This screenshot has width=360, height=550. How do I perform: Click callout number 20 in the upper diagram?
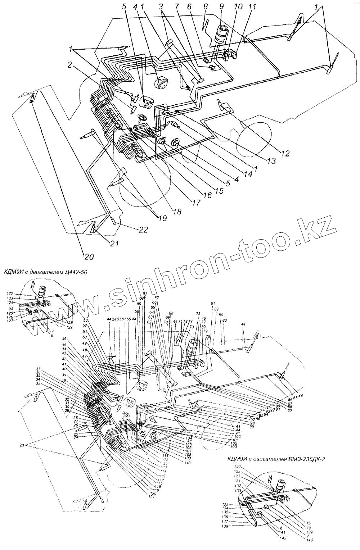[88, 256]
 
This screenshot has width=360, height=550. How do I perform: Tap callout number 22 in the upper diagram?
[143, 230]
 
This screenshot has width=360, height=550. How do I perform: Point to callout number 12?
[285, 154]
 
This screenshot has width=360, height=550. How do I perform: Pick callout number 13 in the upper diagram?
[272, 161]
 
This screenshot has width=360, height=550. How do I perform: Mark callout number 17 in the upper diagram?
[196, 202]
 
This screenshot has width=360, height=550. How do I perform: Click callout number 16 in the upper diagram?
[207, 195]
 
